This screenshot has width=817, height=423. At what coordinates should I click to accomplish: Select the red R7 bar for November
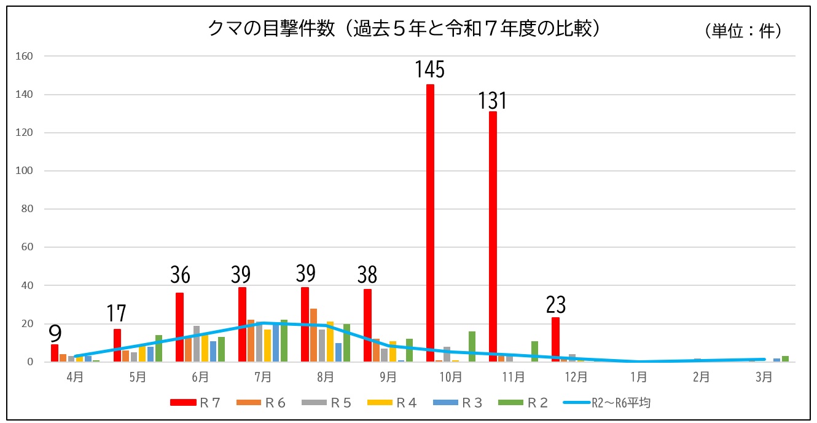493,237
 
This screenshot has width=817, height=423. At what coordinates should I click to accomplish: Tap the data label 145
429,69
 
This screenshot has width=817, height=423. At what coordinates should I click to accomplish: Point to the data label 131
492,100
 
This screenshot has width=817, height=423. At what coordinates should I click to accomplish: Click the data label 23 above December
555,304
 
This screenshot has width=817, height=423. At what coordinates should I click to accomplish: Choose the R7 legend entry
194,403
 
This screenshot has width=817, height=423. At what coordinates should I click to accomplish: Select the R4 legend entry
393,403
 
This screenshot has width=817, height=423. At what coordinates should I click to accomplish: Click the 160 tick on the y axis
25,56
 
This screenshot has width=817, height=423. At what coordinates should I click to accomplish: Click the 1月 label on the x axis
638,377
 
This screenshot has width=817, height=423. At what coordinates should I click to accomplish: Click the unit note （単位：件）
743,31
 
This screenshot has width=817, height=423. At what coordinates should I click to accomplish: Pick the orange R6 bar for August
313,335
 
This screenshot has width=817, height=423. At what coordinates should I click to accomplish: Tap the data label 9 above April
55,334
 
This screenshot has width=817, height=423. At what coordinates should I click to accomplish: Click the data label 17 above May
116,314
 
